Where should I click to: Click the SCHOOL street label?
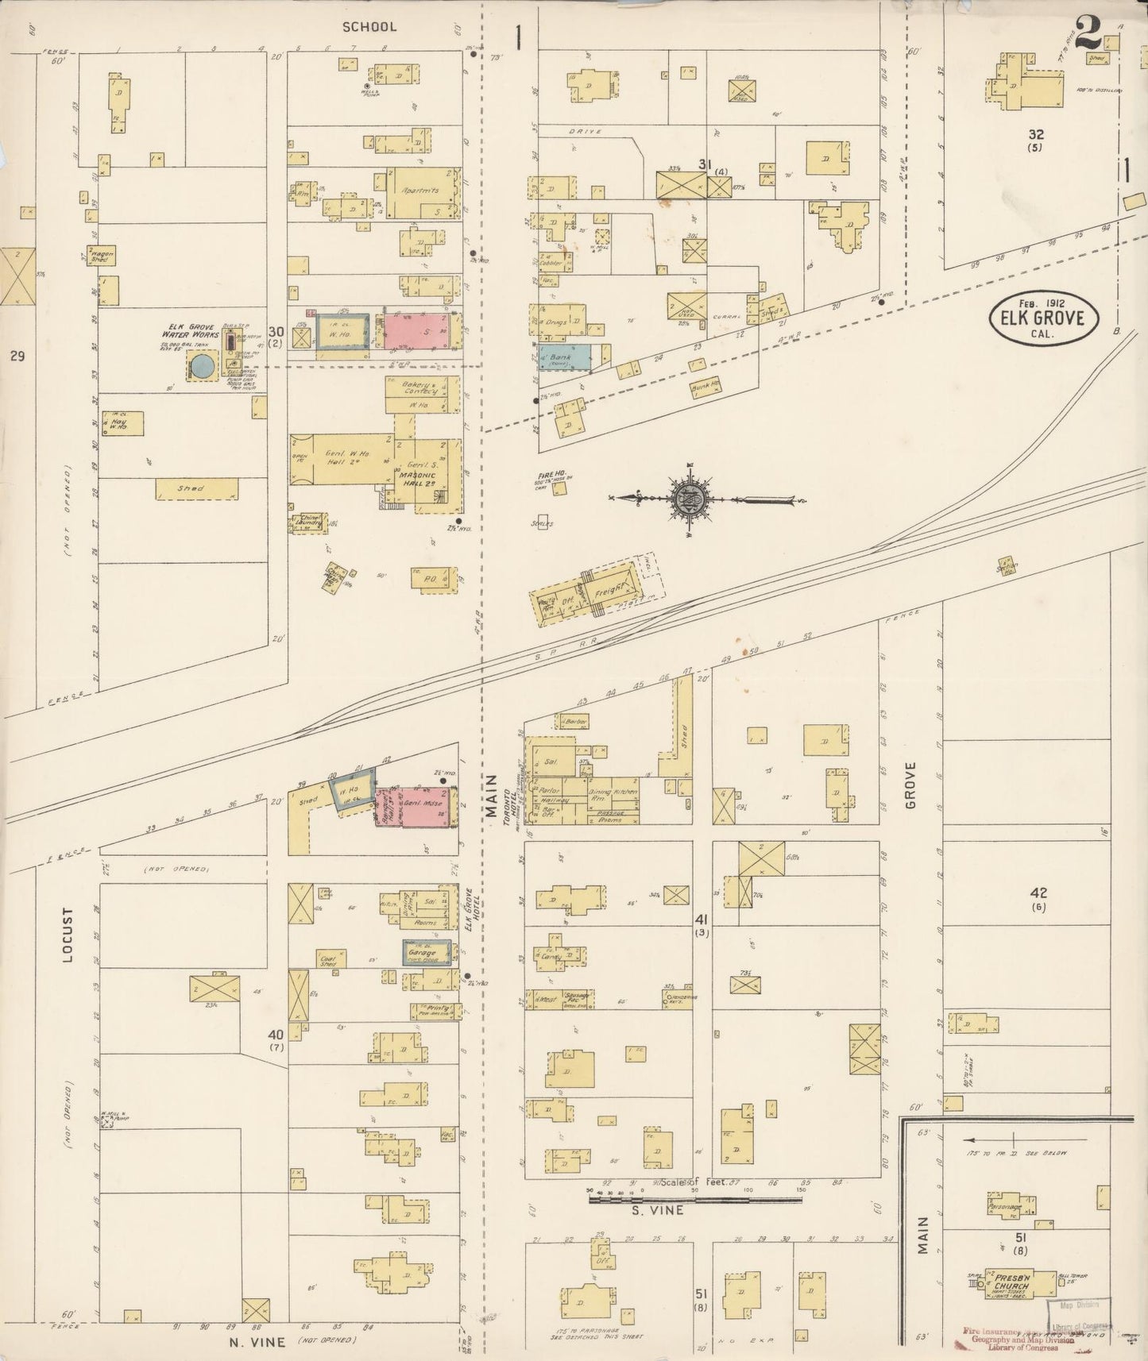point(369,27)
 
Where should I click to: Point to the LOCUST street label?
point(68,936)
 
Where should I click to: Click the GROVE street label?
point(910,785)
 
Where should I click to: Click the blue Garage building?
point(424,952)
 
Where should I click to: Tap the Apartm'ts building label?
point(420,191)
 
